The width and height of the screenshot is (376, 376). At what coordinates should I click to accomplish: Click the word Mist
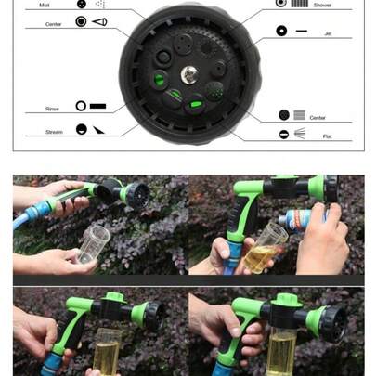point(45,5)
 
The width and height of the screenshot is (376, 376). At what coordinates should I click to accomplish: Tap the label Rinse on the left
point(52,109)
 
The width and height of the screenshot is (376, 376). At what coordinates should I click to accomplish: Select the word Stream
point(55,132)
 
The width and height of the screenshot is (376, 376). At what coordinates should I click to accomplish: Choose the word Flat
point(326,136)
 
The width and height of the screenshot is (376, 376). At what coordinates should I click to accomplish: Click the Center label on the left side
point(54,23)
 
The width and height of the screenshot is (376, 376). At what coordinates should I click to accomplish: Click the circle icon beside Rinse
point(81,107)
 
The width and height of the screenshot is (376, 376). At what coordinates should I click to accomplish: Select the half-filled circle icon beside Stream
point(82,130)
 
